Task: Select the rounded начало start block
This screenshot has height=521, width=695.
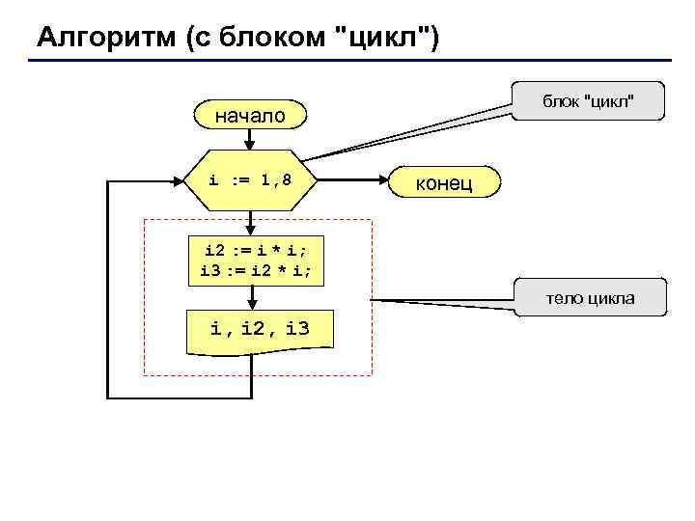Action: (x=250, y=116)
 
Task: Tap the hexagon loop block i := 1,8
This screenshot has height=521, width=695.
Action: (x=250, y=179)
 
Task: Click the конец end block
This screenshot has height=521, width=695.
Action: (x=443, y=181)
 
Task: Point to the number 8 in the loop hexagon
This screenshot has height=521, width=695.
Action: (x=287, y=179)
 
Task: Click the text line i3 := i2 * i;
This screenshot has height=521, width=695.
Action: (x=256, y=271)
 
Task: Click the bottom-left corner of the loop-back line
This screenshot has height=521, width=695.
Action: (x=107, y=397)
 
